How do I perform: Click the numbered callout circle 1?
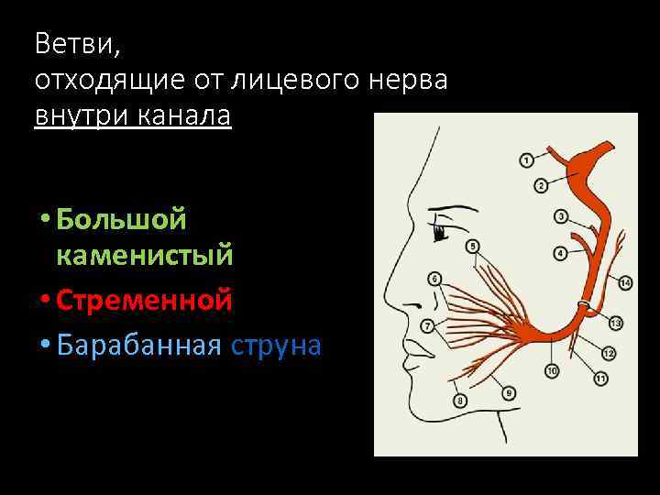coord(527,160)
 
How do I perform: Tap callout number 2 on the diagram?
coord(541,186)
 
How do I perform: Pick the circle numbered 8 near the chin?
coord(460,400)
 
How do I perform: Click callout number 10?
coord(552,370)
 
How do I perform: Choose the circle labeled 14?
coord(624,283)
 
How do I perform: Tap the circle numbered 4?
coord(560,252)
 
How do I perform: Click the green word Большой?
coord(121,219)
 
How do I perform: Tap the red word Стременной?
coord(144,300)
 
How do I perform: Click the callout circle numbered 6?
coord(434,279)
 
